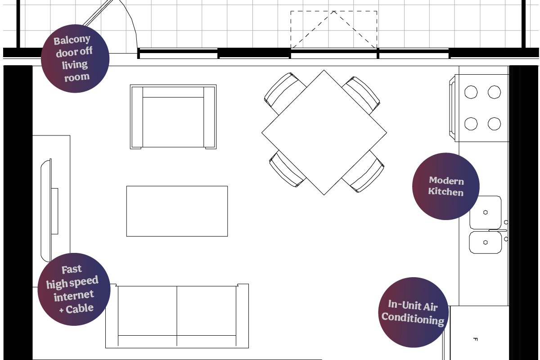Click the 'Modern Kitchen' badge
pos(446,186)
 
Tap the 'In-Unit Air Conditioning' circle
pos(413,312)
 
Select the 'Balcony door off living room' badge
pos(75,58)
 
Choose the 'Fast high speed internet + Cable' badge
pos(74,289)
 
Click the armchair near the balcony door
pos(173,117)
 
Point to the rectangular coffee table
pos(177,211)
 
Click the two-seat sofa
pos(177,316)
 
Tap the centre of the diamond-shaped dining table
pos(324,132)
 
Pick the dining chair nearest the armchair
pos(284,92)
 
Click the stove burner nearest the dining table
pos(471,124)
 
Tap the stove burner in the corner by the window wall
pos(494,92)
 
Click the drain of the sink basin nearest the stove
pos(486,212)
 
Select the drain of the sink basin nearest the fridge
pos(486,243)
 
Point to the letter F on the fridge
pos(475,339)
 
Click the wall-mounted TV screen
pos(46,210)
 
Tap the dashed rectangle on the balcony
pos(333,30)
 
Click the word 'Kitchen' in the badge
pos(446,192)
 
